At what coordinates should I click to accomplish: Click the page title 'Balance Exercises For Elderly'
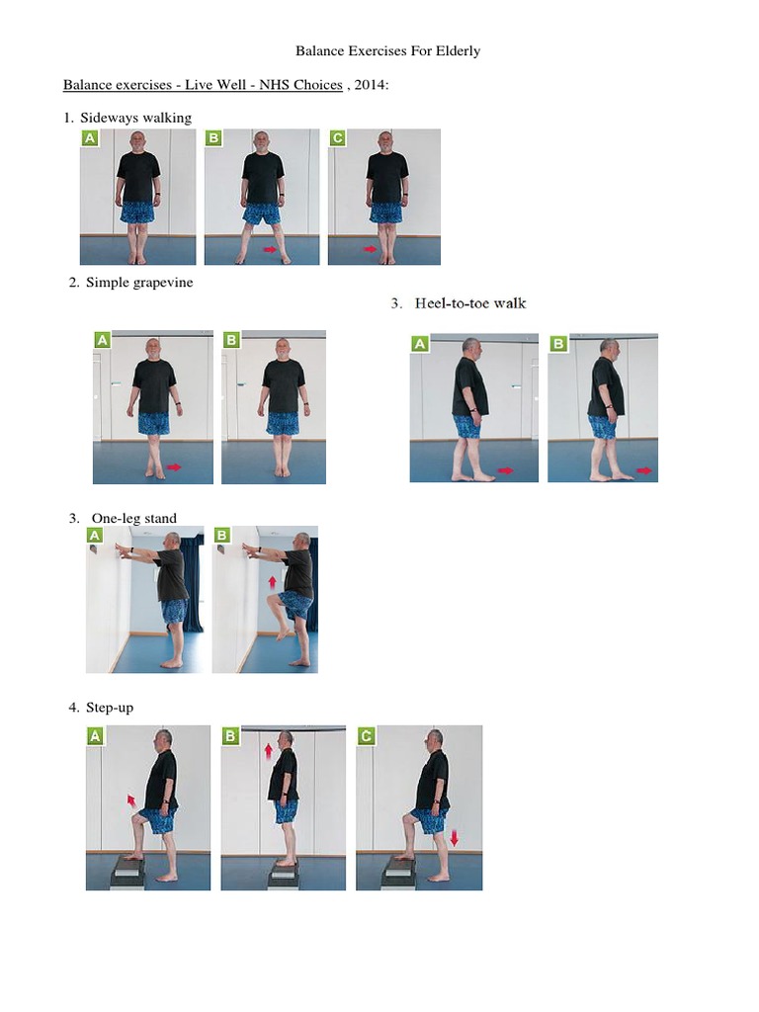click(388, 50)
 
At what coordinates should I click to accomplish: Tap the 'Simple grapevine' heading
click(139, 283)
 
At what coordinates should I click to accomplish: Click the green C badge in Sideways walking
click(338, 138)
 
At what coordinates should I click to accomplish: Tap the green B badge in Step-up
click(231, 735)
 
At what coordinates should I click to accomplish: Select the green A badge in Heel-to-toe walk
click(420, 343)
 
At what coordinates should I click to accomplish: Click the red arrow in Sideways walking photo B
click(269, 250)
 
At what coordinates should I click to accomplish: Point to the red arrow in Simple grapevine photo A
click(175, 466)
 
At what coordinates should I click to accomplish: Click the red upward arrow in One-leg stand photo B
click(272, 582)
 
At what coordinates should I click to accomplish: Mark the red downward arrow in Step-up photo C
click(454, 838)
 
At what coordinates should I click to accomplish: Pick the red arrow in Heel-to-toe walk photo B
click(644, 471)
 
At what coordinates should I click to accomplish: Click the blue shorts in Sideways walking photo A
click(137, 212)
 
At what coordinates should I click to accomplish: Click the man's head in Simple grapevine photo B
click(284, 349)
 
